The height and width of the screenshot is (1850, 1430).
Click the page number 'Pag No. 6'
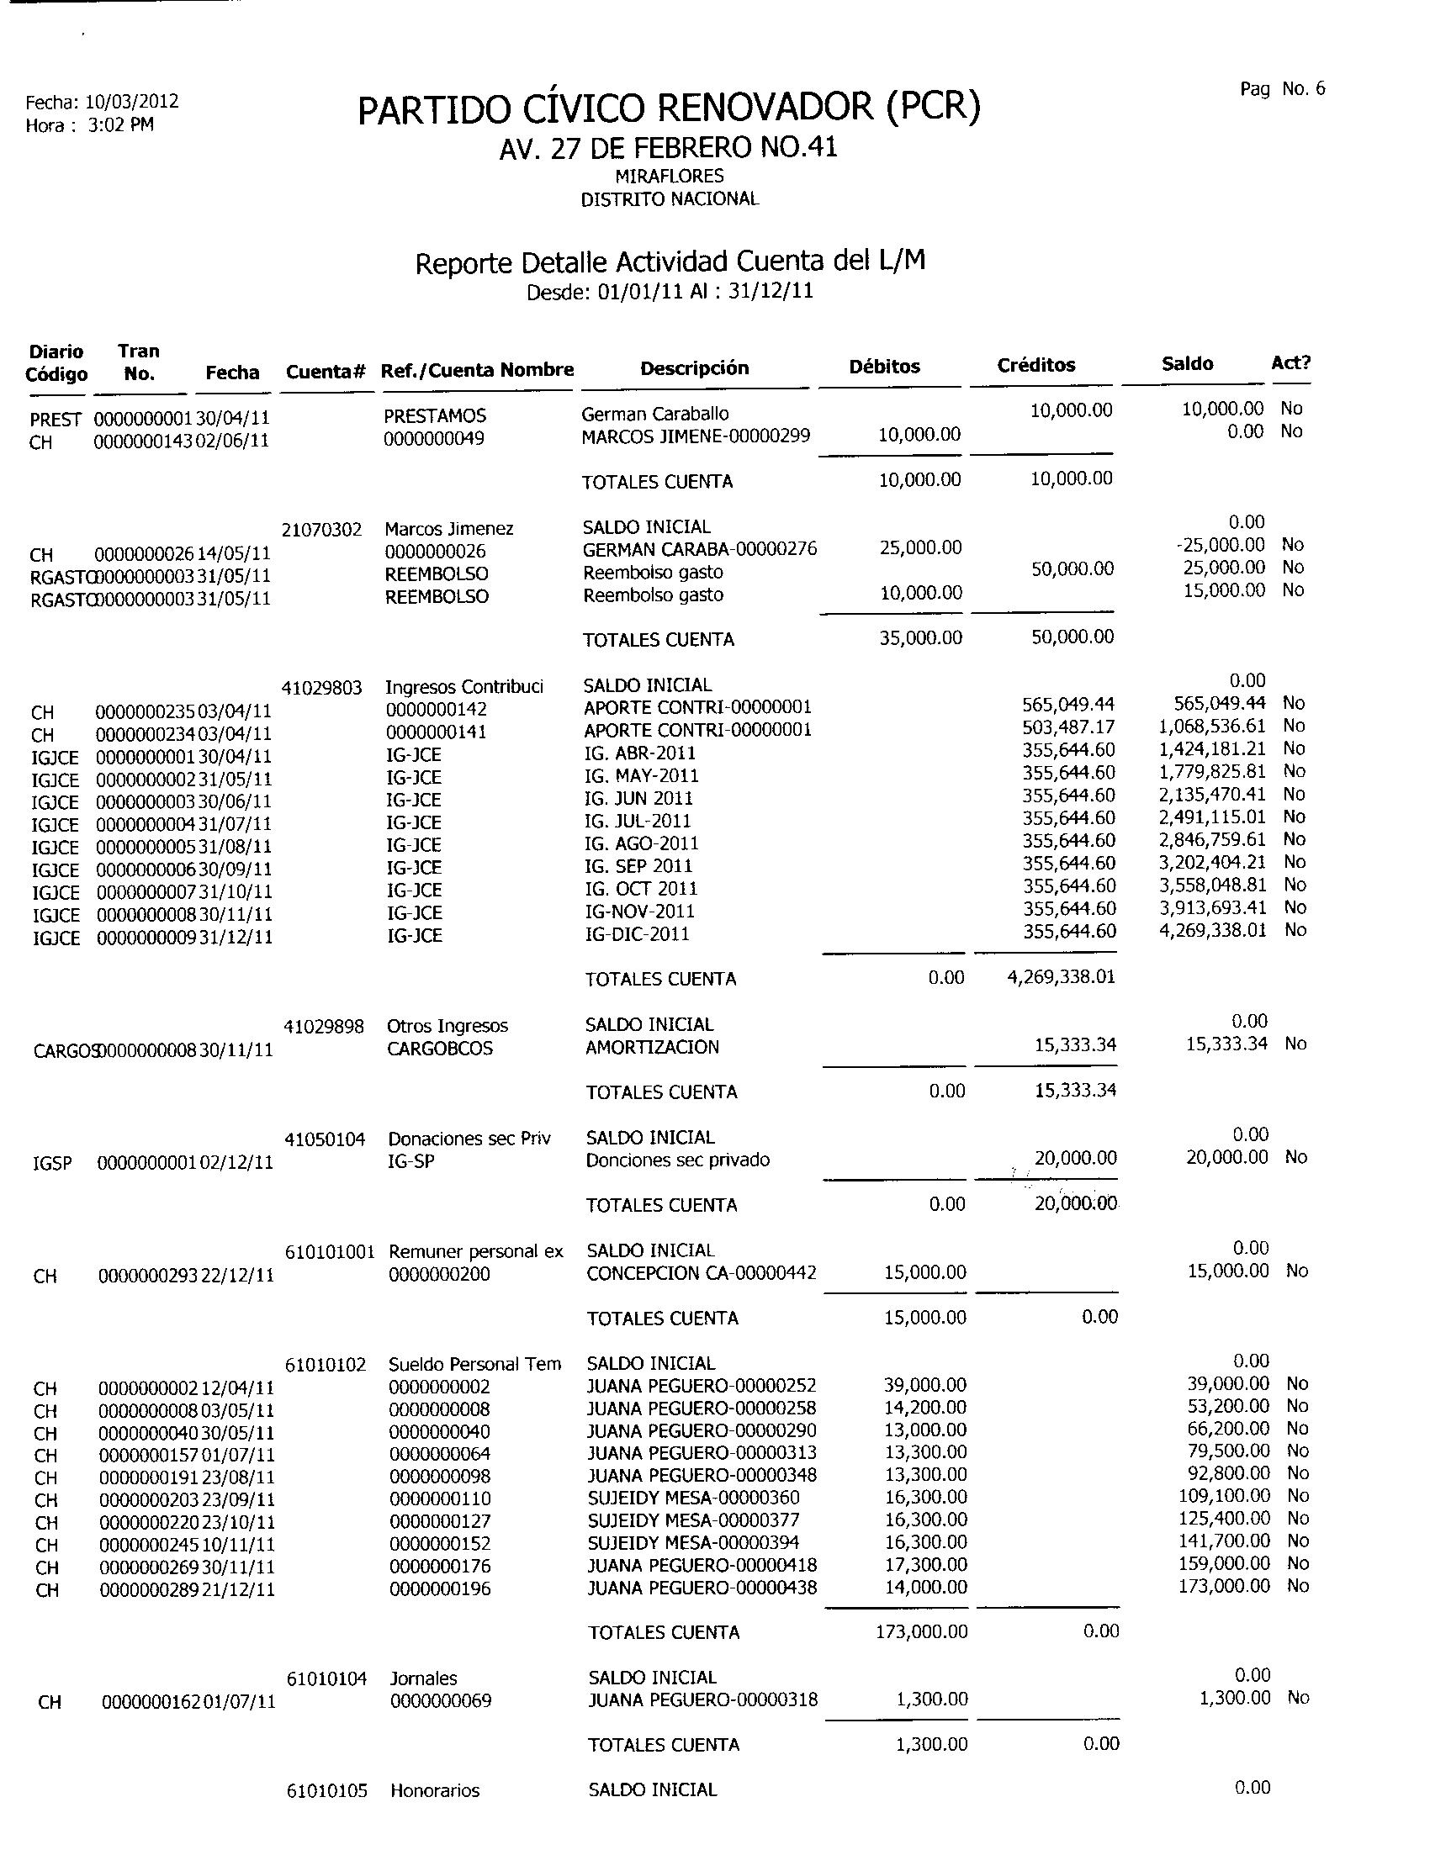(1282, 89)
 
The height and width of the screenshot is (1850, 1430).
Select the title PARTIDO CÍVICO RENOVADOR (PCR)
(669, 108)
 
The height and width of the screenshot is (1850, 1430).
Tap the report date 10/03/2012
(132, 103)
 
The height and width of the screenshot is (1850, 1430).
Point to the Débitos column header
(883, 367)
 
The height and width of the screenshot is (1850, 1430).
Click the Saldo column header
(1187, 364)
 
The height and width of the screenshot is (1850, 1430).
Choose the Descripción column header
(694, 368)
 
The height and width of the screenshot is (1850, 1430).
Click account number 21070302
(321, 530)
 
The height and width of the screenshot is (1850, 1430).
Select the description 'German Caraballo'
(654, 415)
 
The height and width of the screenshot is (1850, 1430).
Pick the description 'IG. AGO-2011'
(641, 843)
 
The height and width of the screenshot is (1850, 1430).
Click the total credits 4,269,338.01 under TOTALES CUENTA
(1060, 977)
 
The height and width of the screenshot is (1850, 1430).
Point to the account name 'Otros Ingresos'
(448, 1026)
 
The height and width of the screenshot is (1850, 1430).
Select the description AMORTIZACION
(651, 1048)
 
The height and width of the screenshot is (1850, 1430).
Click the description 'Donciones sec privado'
(678, 1160)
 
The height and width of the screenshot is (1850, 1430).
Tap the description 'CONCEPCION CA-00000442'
(702, 1273)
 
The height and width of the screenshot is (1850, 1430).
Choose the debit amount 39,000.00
(924, 1385)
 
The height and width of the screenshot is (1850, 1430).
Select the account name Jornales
(424, 1678)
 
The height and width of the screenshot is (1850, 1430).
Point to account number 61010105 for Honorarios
(327, 1790)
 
